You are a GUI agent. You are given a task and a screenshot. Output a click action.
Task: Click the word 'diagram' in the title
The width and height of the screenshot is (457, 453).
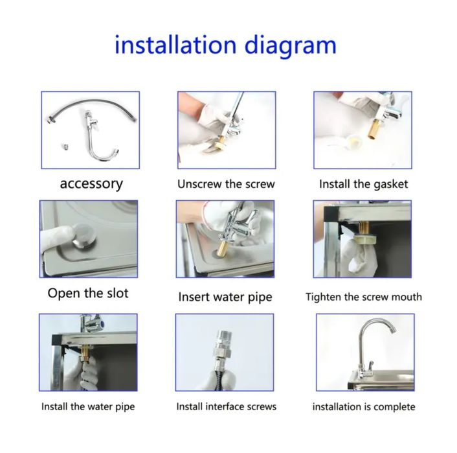290,46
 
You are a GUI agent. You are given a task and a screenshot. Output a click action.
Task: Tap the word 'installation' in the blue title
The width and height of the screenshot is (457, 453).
175,45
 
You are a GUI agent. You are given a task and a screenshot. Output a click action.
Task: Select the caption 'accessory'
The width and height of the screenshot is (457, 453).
91,184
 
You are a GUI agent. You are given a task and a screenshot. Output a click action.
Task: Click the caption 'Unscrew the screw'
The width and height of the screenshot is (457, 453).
226,184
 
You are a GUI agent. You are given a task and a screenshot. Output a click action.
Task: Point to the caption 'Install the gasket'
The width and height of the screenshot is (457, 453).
363,185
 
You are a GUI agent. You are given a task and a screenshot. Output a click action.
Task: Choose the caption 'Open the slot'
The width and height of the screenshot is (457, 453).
88,293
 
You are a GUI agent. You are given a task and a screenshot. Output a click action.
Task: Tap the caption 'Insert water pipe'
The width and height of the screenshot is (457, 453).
225,297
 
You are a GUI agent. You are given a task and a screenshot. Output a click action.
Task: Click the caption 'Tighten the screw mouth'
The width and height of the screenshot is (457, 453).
364,297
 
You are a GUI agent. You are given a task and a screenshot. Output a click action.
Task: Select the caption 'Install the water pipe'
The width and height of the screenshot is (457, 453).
88,406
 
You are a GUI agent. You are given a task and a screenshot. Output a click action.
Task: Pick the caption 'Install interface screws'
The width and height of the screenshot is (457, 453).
227,406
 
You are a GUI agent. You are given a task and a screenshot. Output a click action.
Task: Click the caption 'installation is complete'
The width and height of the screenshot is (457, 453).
364,406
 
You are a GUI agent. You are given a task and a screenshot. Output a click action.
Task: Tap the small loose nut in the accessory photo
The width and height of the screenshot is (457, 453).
66,146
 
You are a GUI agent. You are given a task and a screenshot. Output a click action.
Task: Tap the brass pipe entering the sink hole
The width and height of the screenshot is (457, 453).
225,248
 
